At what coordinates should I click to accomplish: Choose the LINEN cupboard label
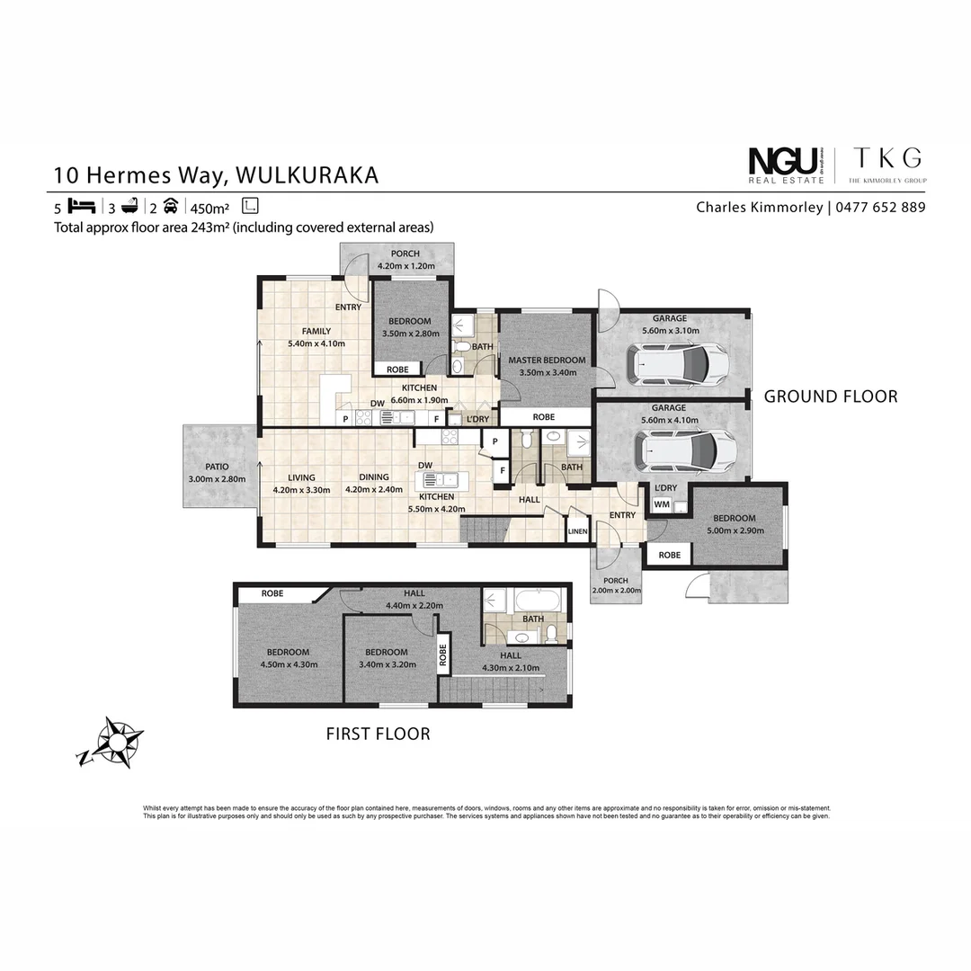click(577, 532)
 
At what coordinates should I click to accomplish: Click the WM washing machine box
click(662, 505)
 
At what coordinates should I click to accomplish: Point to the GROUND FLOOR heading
click(830, 396)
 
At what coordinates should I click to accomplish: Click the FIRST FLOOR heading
click(378, 734)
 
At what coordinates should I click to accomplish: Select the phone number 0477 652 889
click(880, 208)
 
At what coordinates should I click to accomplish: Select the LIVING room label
click(301, 477)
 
